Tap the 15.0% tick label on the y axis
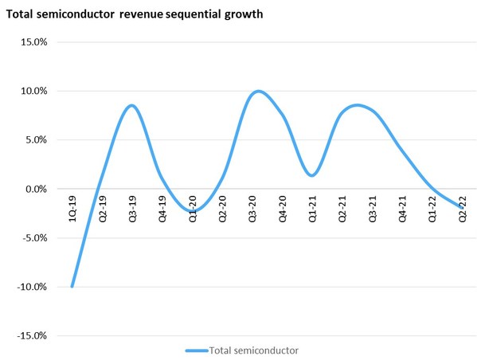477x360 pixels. click(33, 41)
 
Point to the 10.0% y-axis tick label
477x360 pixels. click(33, 91)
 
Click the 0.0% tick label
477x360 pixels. click(36, 189)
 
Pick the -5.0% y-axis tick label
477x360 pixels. click(34, 237)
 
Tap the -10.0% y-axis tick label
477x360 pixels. click(32, 287)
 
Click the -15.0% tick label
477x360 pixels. click(32, 335)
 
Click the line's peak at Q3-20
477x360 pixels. click(257, 91)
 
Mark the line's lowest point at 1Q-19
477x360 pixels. click(72, 286)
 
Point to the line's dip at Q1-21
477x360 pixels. click(312, 175)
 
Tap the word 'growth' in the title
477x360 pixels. click(243, 14)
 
